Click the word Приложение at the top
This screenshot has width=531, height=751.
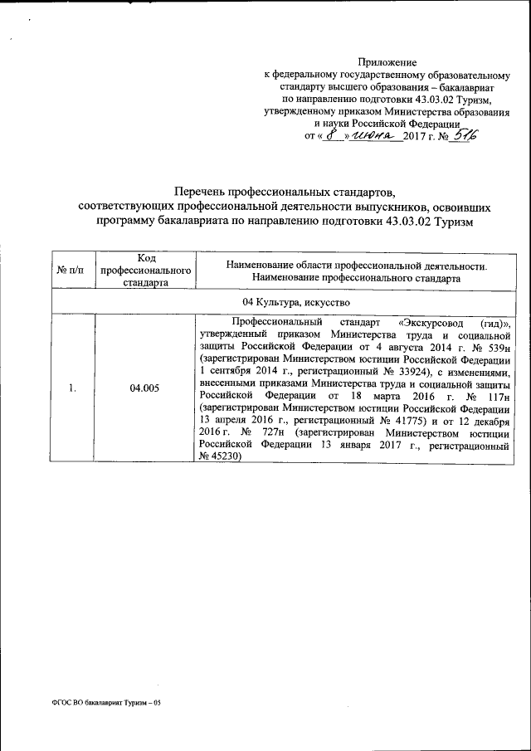tap(387, 62)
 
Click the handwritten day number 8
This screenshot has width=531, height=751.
tap(331, 135)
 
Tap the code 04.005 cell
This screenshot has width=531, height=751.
tap(144, 388)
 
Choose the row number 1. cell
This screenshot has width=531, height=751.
tap(73, 388)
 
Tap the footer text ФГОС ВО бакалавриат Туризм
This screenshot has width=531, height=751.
tap(100, 703)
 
